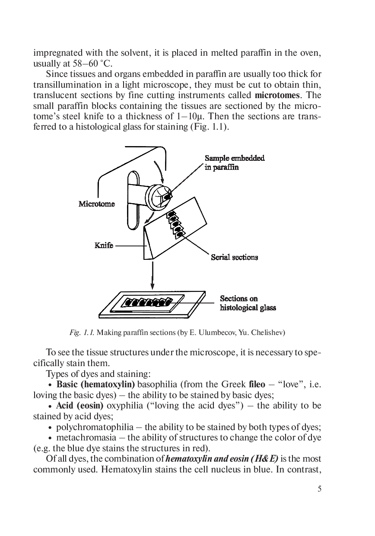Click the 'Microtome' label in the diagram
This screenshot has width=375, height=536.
[97, 204]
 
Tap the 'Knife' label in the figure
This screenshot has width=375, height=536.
[104, 246]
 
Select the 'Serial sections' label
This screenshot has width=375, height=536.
[234, 257]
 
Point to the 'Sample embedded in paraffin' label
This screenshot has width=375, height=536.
[234, 163]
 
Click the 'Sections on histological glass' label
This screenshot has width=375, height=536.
[248, 303]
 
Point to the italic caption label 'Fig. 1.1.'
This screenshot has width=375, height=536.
[82, 333]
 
